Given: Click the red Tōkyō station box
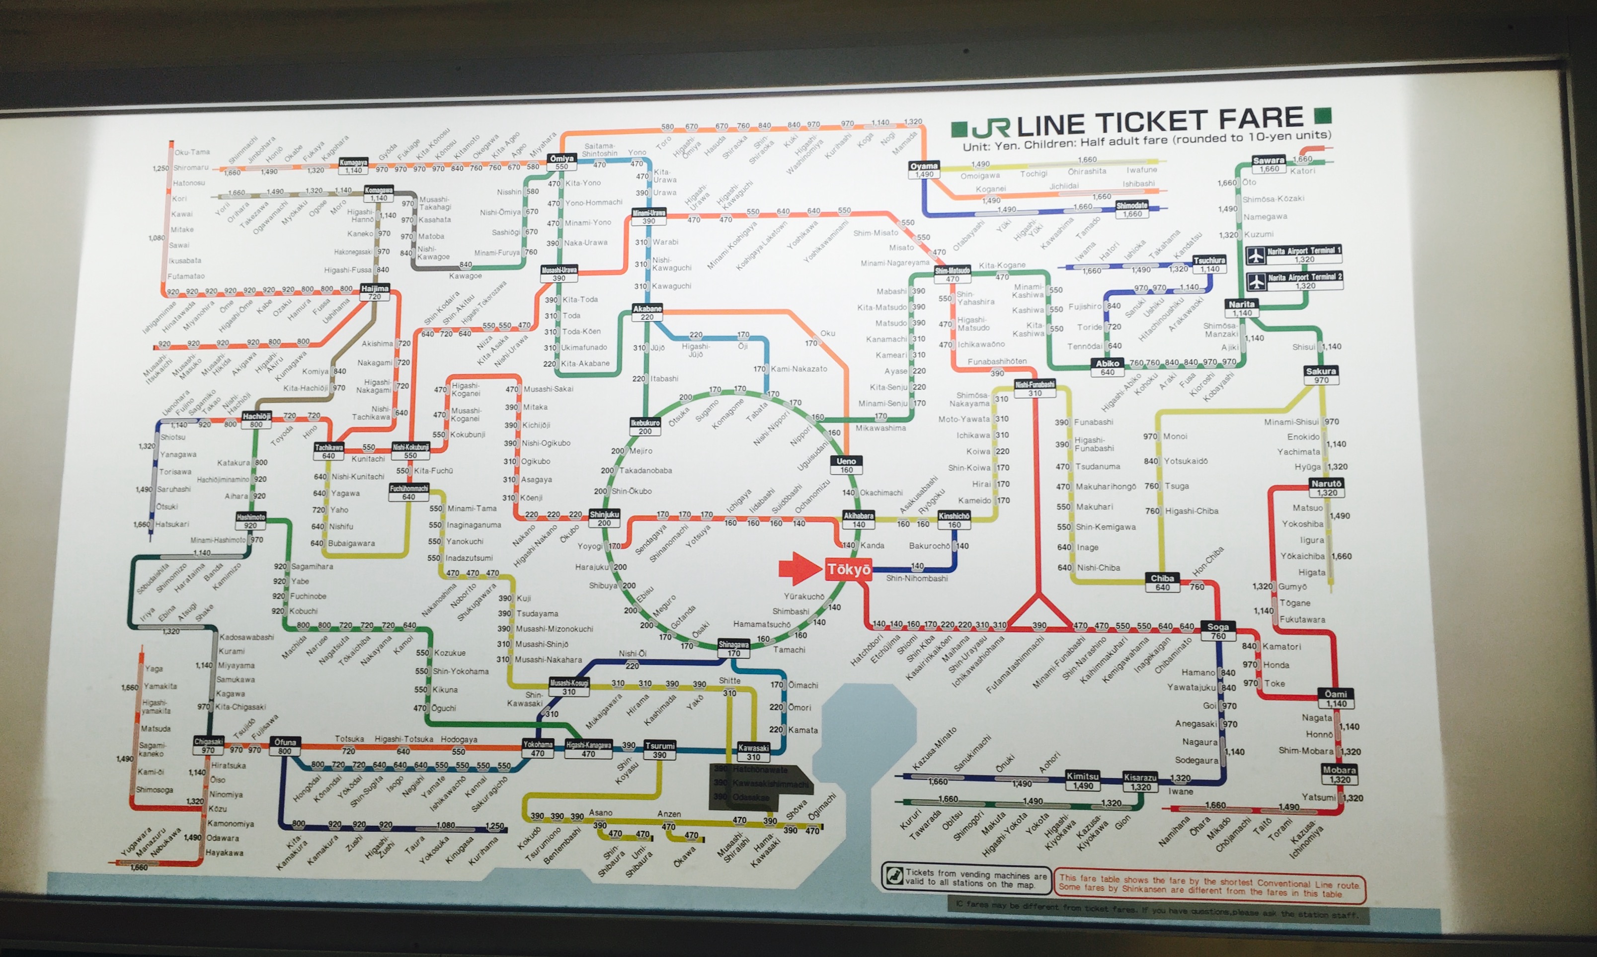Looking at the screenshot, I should pos(848,569).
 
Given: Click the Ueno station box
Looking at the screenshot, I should pos(846,465).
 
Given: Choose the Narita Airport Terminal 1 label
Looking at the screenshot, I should pos(1303,254).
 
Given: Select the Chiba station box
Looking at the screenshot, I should pos(1162,582).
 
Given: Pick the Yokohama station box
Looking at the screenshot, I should pos(538,748).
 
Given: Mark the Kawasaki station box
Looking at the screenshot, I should pos(753,752).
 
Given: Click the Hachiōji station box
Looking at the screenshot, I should pos(256,420).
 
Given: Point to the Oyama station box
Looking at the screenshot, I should pos(924,170).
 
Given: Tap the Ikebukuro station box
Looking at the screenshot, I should pos(644,426).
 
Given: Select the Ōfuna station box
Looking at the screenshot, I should pos(284,746).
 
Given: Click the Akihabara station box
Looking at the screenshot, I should pos(859,519).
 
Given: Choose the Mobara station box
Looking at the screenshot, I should pos(1339,774).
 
